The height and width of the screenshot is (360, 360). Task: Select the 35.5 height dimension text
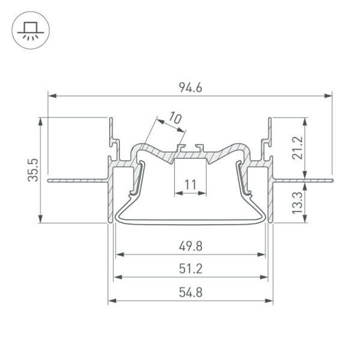pyautogui.click(x=33, y=170)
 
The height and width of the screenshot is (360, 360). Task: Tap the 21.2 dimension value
pyautogui.click(x=298, y=147)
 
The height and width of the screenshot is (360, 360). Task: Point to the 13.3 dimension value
pyautogui.click(x=298, y=200)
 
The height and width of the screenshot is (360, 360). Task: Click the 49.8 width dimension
pyautogui.click(x=190, y=247)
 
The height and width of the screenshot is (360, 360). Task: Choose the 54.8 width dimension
pyautogui.click(x=190, y=293)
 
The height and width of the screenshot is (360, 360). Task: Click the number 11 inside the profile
pyautogui.click(x=190, y=185)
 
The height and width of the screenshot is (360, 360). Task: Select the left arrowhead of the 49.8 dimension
pyautogui.click(x=118, y=254)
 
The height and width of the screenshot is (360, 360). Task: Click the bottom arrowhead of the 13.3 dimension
pyautogui.click(x=305, y=220)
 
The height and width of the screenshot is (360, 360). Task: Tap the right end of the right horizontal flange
pyautogui.click(x=331, y=177)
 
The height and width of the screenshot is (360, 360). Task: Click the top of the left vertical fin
pyautogui.click(x=110, y=118)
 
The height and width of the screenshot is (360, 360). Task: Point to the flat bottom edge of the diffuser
pyautogui.click(x=190, y=223)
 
